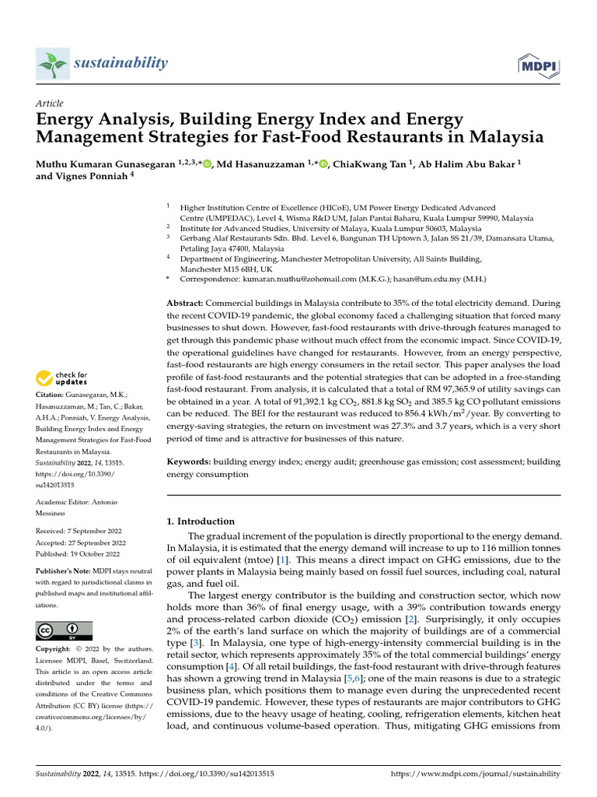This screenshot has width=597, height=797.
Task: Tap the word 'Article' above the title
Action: [50, 104]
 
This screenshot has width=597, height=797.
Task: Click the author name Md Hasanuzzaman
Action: [262, 163]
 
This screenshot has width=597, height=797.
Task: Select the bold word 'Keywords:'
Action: [190, 462]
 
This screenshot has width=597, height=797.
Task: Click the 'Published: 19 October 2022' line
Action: [78, 554]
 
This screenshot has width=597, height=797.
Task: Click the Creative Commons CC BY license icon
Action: [64, 630]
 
